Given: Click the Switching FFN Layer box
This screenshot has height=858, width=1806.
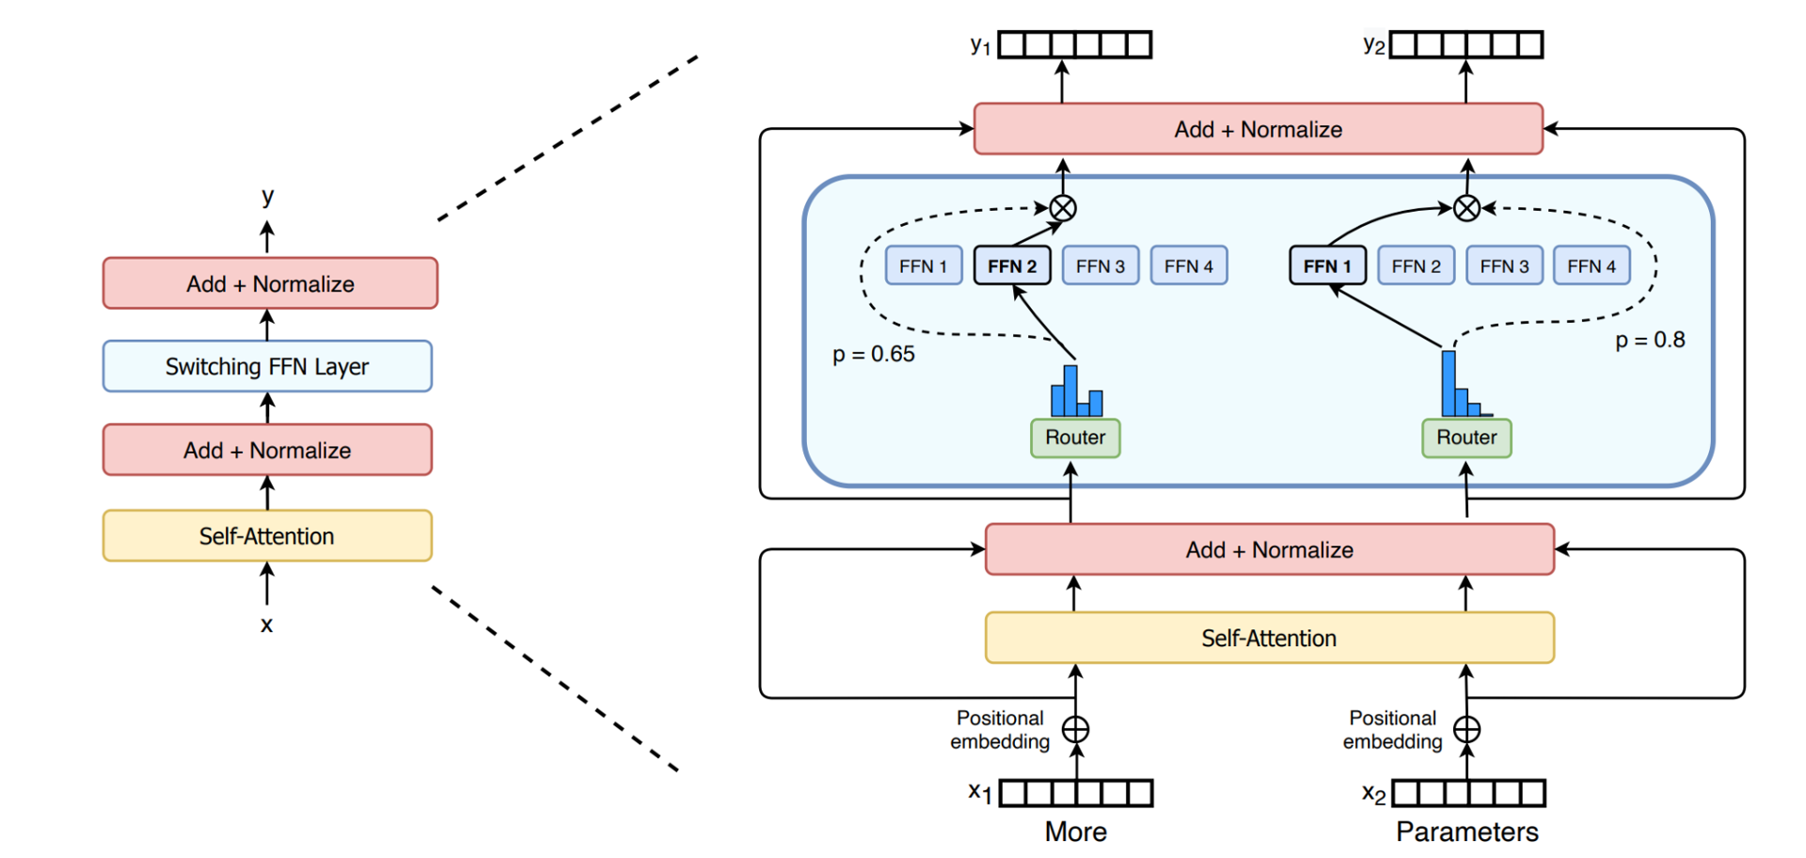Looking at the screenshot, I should point(267,366).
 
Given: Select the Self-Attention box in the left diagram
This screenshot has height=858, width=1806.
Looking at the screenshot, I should point(267,536).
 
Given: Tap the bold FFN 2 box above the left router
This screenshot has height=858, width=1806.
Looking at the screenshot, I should point(1012,266).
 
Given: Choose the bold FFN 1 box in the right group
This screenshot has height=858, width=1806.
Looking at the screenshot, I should point(1327,266).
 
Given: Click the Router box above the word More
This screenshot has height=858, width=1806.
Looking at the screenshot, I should point(1075,437).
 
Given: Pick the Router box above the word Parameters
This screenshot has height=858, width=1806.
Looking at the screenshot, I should point(1466,437).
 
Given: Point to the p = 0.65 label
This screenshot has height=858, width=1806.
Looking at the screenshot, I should point(873,355).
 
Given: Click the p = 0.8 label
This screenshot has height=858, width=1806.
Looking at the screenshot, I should point(1650,341).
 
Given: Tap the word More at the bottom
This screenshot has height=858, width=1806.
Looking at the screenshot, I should point(1075,832).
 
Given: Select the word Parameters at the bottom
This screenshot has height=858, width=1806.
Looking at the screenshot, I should point(1466,832).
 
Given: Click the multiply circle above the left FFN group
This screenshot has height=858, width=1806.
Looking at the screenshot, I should point(1063,208).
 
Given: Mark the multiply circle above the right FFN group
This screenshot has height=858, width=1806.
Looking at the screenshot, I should point(1466,208).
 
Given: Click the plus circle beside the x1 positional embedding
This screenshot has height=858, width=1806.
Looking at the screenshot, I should point(1075,729).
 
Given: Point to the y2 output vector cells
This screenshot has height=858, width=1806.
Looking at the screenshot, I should point(1466,45).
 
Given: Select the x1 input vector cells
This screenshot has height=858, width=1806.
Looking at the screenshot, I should point(1076,793).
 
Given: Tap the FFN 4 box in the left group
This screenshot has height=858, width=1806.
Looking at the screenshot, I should point(1189,266).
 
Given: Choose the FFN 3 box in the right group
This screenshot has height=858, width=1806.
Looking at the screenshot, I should point(1504,266).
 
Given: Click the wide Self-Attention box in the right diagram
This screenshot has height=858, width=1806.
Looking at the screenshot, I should point(1269,638).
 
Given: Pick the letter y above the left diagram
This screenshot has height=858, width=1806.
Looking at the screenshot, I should point(268,197).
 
